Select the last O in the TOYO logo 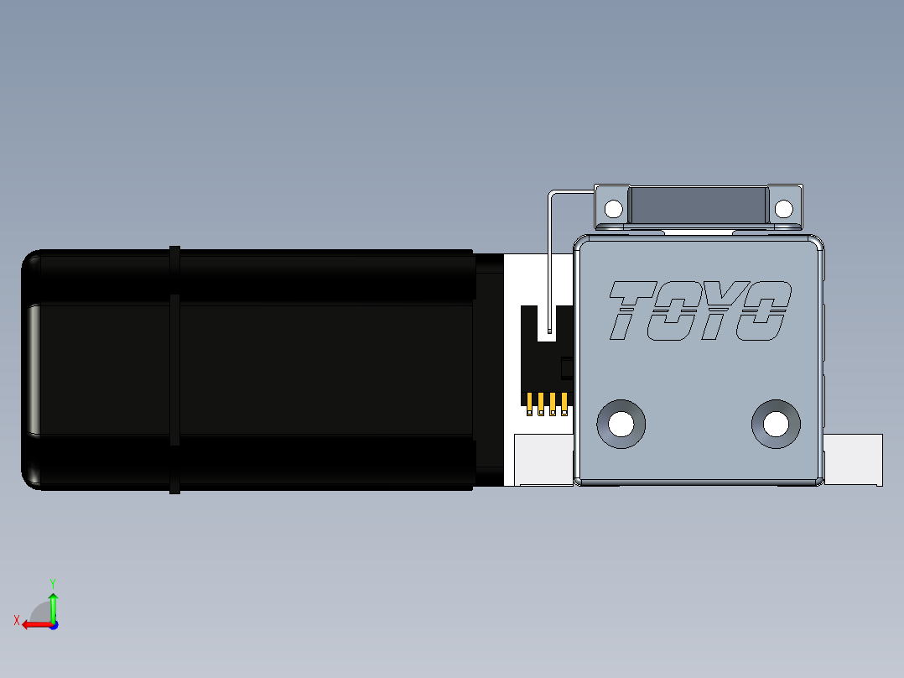point(764,311)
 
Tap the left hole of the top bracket point(614,208)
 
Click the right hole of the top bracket point(783,208)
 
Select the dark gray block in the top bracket point(698,206)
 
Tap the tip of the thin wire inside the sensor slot point(548,331)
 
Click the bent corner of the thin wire point(551,195)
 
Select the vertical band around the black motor point(174,369)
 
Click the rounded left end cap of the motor point(32,369)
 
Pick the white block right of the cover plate point(853,459)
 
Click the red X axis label point(16,620)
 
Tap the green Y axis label point(52,582)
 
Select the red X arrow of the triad point(34,624)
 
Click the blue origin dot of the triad point(53,624)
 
